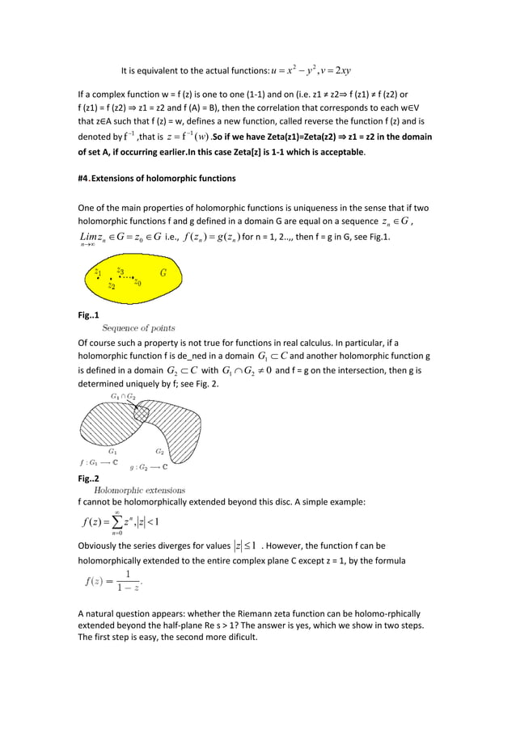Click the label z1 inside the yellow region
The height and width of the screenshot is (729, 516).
[97, 273]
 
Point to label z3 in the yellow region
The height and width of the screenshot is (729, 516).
[120, 271]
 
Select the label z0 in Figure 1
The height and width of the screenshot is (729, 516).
[138, 282]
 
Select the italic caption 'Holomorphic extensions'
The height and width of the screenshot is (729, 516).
[140, 490]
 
